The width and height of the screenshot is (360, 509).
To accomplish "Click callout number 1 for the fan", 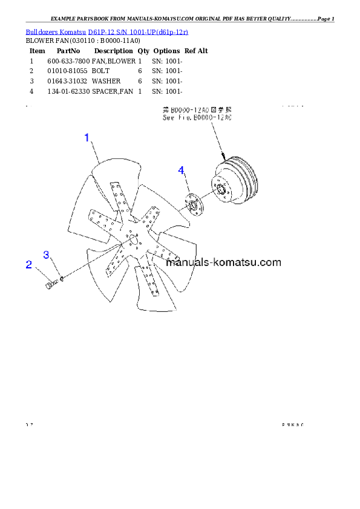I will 87,138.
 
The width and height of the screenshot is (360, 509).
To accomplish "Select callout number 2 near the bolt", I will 28,264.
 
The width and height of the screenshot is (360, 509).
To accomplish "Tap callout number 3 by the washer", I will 46,254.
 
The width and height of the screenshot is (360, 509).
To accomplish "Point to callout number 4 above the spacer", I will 181,171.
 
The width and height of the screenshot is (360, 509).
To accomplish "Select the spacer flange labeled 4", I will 194,203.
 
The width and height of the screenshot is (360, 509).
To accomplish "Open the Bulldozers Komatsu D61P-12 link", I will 106,31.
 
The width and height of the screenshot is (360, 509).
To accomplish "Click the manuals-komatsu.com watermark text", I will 223,262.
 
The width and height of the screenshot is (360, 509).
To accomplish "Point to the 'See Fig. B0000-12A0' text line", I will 197,118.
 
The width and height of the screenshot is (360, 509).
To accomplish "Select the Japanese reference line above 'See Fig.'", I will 197,111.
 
